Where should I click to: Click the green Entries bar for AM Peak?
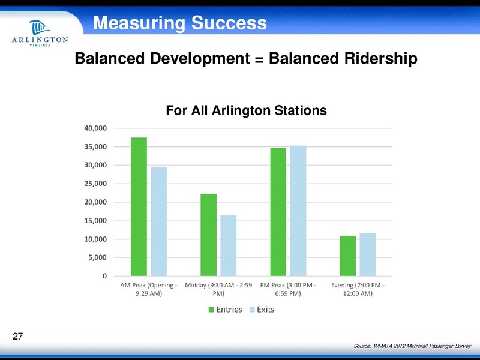pyautogui.click(x=139, y=207)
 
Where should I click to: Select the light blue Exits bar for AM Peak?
pyautogui.click(x=158, y=221)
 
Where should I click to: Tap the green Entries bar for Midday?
pyautogui.click(x=208, y=235)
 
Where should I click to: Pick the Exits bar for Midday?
pyautogui.click(x=228, y=246)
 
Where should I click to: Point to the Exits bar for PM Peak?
pyautogui.click(x=298, y=211)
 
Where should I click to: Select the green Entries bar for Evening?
pyautogui.click(x=347, y=256)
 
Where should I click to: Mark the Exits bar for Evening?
pyautogui.click(x=367, y=255)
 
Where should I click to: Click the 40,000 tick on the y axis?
pyautogui.click(x=95, y=128)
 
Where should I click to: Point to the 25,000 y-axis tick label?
pyautogui.click(x=95, y=184)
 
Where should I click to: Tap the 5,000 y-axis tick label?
pyautogui.click(x=97, y=258)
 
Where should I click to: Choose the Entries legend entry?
pyautogui.click(x=225, y=310)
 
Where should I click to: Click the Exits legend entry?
pyautogui.click(x=260, y=310)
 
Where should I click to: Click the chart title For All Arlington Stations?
pyautogui.click(x=246, y=111)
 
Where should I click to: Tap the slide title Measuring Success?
pyautogui.click(x=180, y=23)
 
